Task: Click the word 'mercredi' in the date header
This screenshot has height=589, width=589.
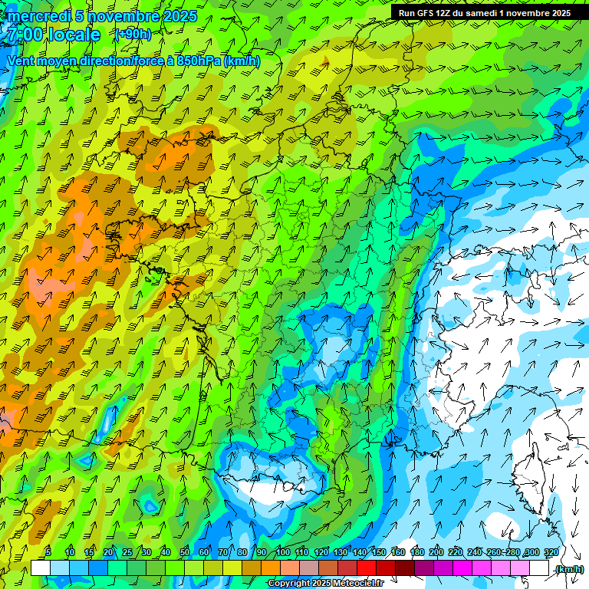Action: pyautogui.click(x=38, y=16)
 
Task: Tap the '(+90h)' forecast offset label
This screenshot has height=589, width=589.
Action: pyautogui.click(x=133, y=34)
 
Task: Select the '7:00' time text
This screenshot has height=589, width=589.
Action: pyautogui.click(x=24, y=35)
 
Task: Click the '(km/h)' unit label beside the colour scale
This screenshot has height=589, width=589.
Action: pyautogui.click(x=569, y=569)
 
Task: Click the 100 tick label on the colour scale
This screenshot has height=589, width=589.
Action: pyautogui.click(x=283, y=552)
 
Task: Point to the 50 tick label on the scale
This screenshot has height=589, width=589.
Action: pyautogui.click(x=185, y=552)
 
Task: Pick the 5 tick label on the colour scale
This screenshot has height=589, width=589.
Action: pyautogui.click(x=48, y=552)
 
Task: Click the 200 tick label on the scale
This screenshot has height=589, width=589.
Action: pyautogui.click(x=436, y=552)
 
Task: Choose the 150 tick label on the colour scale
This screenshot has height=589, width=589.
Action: pyautogui.click(x=379, y=552)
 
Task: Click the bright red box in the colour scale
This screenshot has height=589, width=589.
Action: pyautogui.click(x=367, y=568)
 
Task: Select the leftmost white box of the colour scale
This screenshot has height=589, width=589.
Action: pyautogui.click(x=41, y=568)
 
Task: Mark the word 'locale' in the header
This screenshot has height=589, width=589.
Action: pyautogui.click(x=74, y=35)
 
